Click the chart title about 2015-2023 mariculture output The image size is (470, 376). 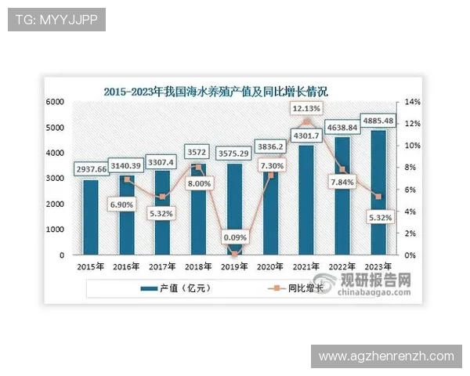coord(215,91)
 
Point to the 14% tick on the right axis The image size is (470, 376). coord(413,102)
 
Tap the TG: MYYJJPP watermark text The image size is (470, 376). coord(56,20)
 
